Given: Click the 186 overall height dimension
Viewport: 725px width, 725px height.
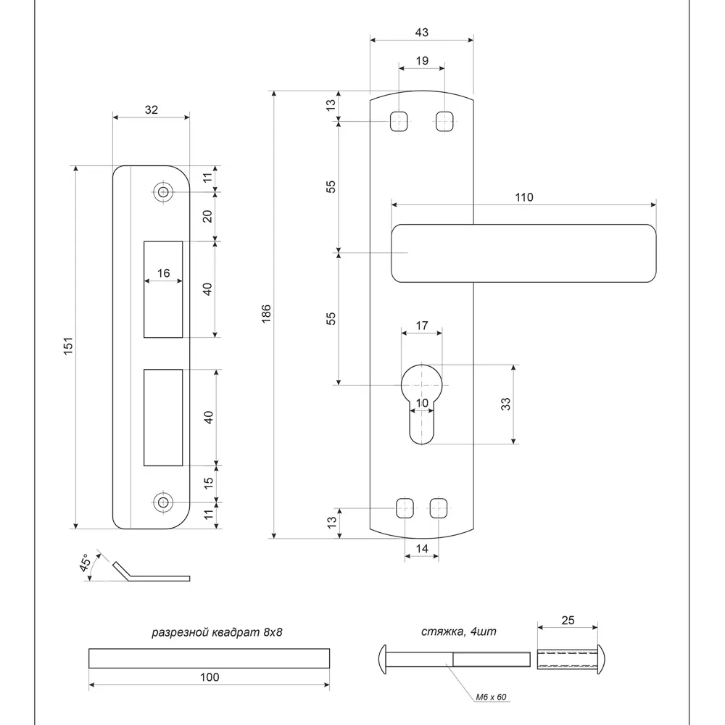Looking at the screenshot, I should tap(266, 313).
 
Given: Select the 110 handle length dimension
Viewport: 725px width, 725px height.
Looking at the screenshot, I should tap(523, 197).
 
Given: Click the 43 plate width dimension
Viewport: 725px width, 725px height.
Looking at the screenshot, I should tap(421, 32).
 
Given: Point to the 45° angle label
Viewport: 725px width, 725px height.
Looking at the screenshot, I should tap(86, 564).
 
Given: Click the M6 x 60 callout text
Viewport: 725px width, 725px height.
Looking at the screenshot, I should tap(491, 697).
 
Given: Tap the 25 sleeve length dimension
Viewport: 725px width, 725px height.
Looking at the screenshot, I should tap(567, 621).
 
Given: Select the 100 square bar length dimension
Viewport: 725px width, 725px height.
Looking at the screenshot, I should tap(209, 677).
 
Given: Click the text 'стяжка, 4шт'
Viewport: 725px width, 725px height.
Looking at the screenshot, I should tap(458, 631).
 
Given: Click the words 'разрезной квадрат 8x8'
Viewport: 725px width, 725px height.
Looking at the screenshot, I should tap(216, 632).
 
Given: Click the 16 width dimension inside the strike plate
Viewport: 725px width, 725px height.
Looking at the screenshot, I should tap(163, 273).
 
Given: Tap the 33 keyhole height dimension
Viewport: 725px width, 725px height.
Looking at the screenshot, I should tap(506, 404).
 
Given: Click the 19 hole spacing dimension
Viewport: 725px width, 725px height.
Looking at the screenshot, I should tap(421, 62).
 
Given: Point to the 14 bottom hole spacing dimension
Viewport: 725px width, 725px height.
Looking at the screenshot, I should tap(421, 550).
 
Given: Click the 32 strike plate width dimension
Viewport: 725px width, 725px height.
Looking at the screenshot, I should tap(151, 110).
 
